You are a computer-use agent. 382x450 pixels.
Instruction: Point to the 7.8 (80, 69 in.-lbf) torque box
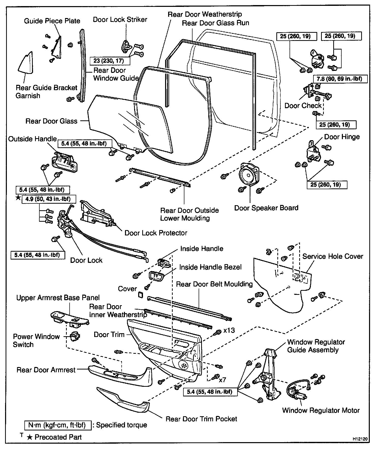(340, 79)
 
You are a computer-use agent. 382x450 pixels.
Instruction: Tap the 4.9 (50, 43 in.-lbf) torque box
(49, 199)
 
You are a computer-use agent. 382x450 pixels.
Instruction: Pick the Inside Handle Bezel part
(156, 277)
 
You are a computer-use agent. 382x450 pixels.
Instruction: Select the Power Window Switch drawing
(75, 337)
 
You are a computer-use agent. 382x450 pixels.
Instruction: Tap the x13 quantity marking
(229, 330)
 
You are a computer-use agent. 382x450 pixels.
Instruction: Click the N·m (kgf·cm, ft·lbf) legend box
(58, 425)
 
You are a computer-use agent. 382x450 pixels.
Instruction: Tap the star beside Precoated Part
(30, 437)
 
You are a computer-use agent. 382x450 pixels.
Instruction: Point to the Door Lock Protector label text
(156, 233)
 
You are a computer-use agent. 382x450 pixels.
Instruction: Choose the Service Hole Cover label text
(333, 256)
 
